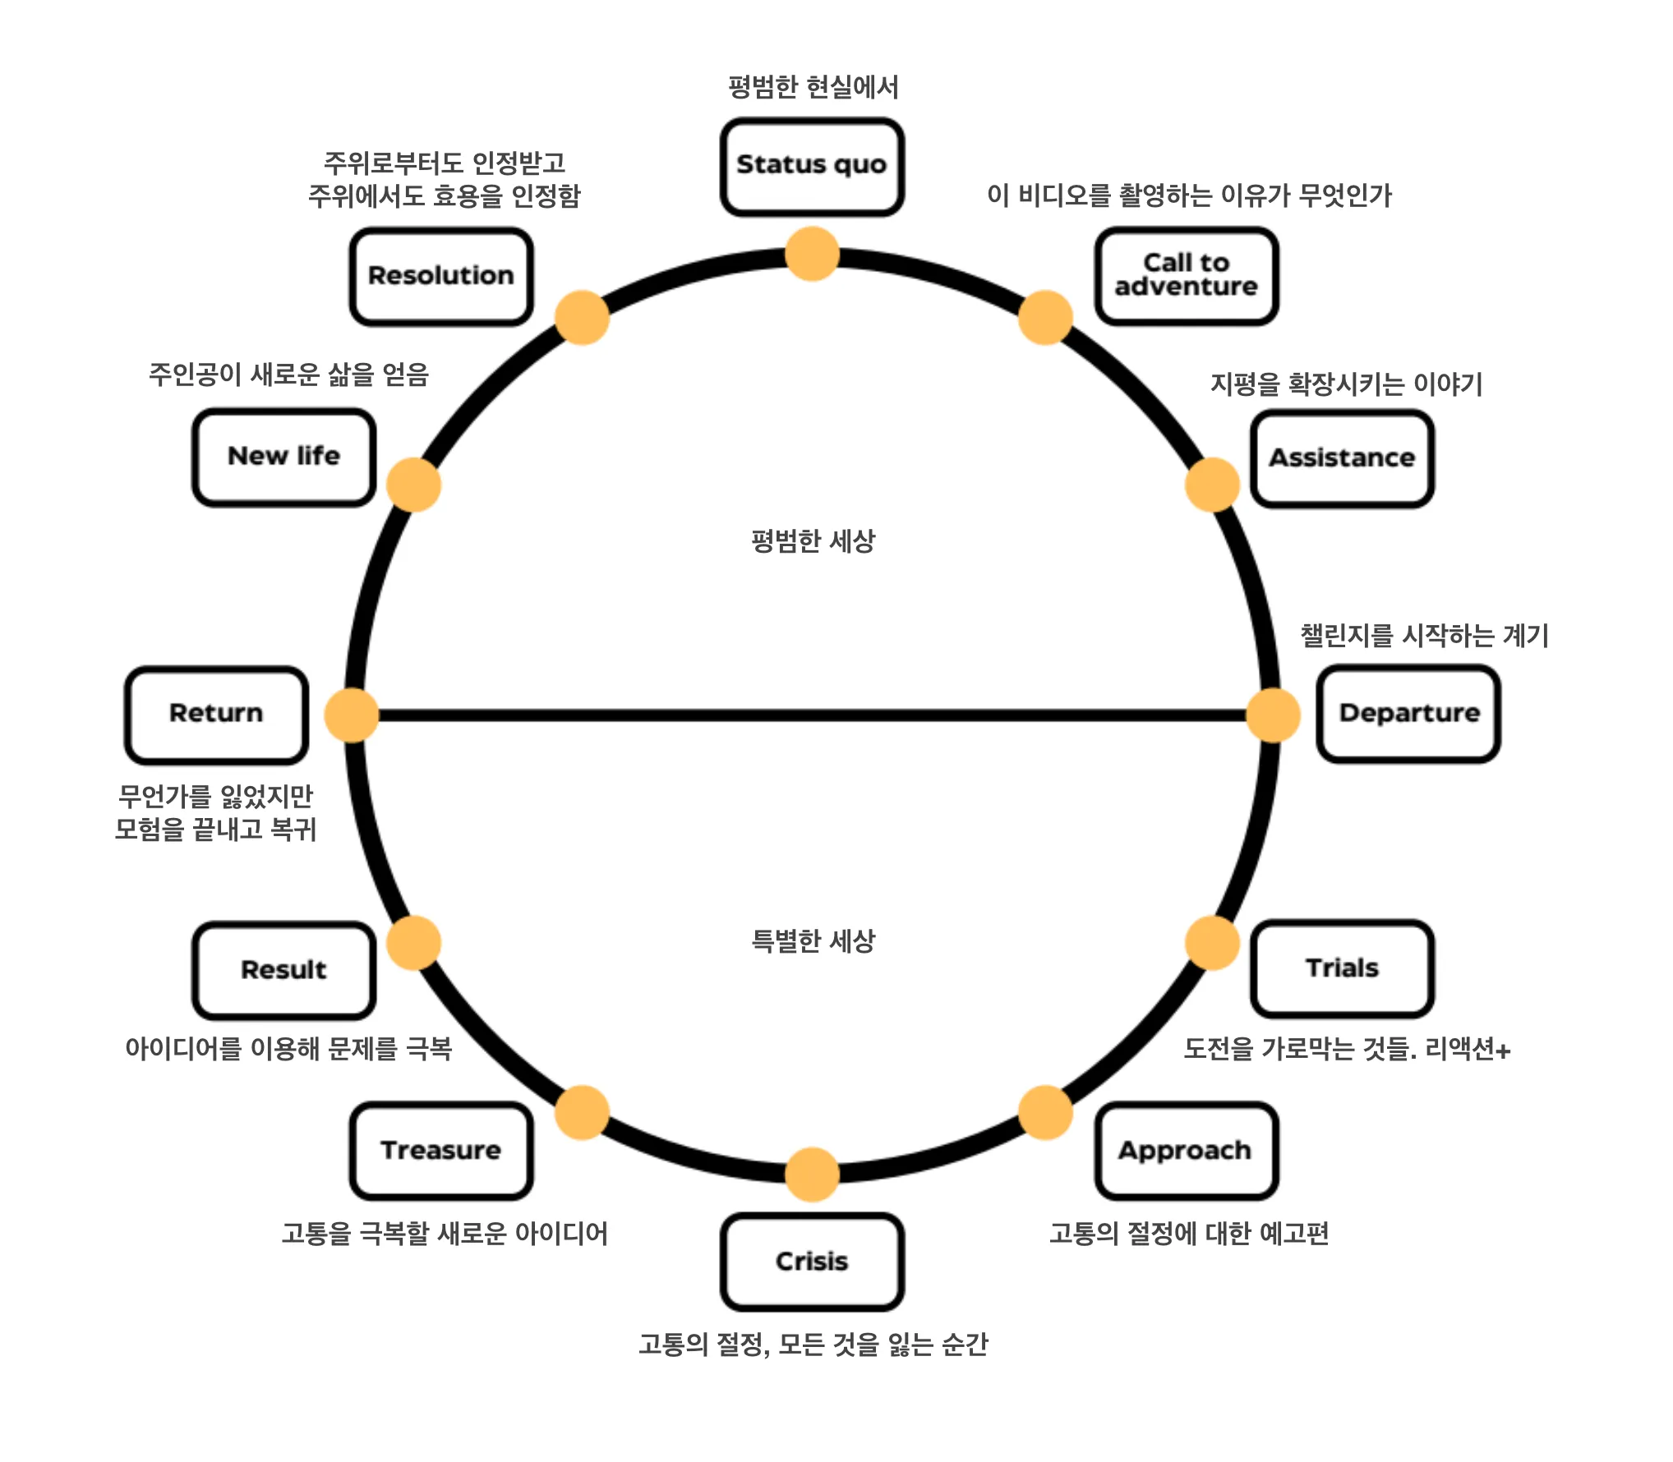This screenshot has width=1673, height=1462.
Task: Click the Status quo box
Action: [812, 167]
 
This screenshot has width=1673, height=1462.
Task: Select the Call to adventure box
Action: [1186, 276]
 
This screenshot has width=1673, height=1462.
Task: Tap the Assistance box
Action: [1342, 458]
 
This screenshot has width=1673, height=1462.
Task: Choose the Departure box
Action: [1408, 713]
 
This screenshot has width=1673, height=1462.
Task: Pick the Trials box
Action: [1342, 968]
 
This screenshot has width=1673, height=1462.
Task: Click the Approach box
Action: [1186, 1151]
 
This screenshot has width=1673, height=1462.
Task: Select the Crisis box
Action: [812, 1261]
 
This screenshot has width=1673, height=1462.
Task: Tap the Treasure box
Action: [441, 1151]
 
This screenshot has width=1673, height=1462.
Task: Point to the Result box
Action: [284, 970]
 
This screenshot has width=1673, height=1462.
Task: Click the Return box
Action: [216, 714]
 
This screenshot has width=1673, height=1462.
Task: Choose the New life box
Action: [284, 457]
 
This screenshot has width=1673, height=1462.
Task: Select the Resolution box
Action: [441, 276]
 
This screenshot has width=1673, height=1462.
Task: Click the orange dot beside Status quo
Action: [812, 254]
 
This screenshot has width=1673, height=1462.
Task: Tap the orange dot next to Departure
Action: [1273, 715]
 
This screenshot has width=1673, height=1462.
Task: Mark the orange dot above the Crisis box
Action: [812, 1174]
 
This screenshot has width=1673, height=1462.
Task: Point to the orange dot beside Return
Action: [352, 715]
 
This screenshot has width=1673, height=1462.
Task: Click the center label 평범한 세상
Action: [813, 541]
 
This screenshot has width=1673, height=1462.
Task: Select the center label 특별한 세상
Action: [813, 941]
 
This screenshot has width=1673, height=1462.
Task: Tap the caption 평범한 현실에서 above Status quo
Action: [813, 87]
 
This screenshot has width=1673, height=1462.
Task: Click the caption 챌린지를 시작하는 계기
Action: [1424, 635]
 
